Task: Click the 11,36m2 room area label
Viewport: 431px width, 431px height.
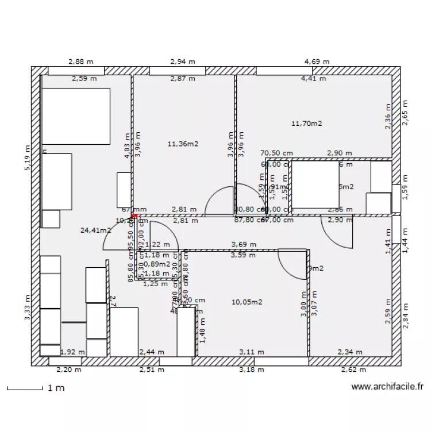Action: coord(183,144)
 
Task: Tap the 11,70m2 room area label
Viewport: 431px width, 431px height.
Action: coord(306,123)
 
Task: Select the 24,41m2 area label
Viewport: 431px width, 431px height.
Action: coord(96,230)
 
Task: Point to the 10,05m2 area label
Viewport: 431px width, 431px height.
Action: coord(247,302)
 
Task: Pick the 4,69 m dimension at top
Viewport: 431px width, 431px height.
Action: coord(317,61)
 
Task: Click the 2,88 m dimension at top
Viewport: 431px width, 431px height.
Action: coord(81,61)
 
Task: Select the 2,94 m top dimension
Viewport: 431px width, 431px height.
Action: coord(183,61)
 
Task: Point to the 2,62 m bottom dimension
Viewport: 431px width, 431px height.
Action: coord(352,370)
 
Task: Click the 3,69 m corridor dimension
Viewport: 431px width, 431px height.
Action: coord(244,245)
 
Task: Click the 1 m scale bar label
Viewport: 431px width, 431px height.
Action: coord(56,388)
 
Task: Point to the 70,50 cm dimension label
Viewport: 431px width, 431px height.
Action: coord(277,153)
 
